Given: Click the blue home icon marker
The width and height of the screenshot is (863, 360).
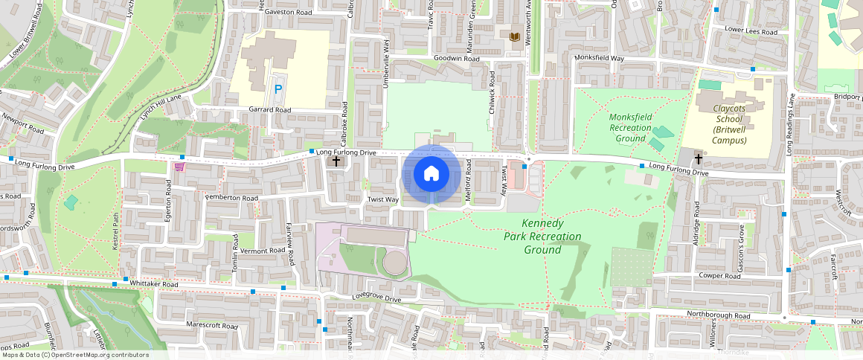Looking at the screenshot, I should point(431,174).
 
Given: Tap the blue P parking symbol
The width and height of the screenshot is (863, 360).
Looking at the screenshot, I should point(278,89).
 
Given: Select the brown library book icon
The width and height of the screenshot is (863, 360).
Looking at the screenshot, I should point(514,36).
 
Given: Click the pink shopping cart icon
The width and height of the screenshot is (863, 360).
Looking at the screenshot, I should point(179,167).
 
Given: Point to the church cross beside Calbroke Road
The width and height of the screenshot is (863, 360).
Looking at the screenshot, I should point(336,161).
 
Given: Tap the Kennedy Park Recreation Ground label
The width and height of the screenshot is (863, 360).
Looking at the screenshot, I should point(542,237).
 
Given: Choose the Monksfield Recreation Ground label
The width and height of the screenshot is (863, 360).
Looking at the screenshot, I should point(630,127).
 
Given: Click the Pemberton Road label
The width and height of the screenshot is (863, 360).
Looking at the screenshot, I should point(232,199).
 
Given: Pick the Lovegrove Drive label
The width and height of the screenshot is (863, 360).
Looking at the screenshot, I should point(376,299).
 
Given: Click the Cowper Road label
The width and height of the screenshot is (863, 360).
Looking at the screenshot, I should point(719,276).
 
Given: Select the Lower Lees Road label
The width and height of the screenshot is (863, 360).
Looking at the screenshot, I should point(751,32).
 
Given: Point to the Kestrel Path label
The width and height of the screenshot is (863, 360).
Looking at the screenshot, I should point(116,230).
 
